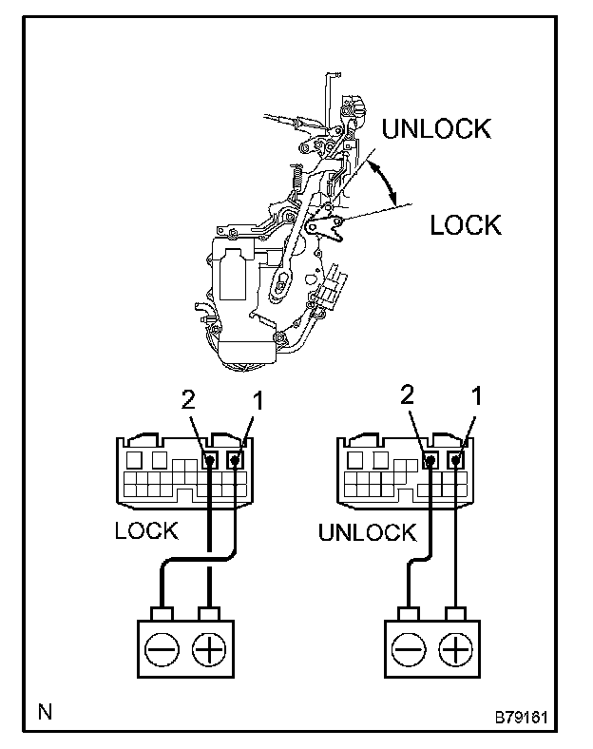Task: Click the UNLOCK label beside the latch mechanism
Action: click(436, 128)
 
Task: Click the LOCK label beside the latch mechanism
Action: click(466, 225)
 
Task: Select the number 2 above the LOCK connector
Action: click(188, 399)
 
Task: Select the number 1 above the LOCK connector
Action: click(258, 400)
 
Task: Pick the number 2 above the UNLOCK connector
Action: click(407, 394)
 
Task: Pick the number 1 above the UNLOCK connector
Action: click(476, 396)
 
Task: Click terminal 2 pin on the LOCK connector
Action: click(209, 460)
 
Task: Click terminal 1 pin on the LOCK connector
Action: click(235, 460)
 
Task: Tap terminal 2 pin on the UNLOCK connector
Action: click(430, 460)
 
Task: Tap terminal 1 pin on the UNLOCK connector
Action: click(455, 460)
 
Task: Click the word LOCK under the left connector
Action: click(146, 530)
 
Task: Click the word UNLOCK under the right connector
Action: click(368, 532)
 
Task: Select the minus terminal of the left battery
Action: click(162, 649)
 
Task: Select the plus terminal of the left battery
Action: click(209, 649)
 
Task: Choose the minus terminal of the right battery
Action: click(409, 649)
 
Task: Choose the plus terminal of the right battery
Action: click(455, 649)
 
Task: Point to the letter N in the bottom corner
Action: click(45, 712)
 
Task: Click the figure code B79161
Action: click(521, 718)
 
